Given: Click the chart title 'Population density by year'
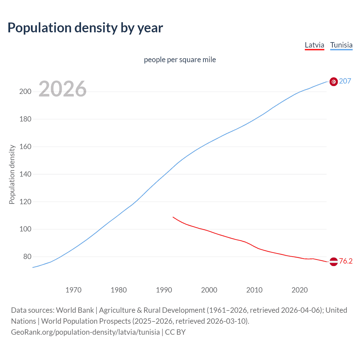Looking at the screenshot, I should (85, 28).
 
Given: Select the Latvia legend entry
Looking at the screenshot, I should (314, 45).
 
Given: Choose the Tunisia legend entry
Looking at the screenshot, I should (341, 45).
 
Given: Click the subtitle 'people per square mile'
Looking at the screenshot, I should (180, 60).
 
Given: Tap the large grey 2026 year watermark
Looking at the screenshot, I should (62, 89).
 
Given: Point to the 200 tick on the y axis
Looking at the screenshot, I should (25, 92).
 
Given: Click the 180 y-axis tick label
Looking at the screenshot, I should (25, 119).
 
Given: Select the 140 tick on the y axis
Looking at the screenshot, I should (25, 174).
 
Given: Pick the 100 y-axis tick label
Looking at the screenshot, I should (25, 229).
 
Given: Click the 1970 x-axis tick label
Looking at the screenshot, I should (73, 290).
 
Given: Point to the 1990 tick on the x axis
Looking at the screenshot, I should (164, 290).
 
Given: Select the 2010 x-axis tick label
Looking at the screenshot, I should (254, 290).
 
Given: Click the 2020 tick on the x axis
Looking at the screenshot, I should (300, 290).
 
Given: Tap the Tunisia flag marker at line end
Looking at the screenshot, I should (334, 82).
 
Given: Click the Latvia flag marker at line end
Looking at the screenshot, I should (334, 262).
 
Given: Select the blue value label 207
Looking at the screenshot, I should (345, 81).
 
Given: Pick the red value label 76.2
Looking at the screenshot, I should (346, 261).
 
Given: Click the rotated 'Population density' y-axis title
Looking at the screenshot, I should (12, 174).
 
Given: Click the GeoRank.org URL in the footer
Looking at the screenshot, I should (85, 332).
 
